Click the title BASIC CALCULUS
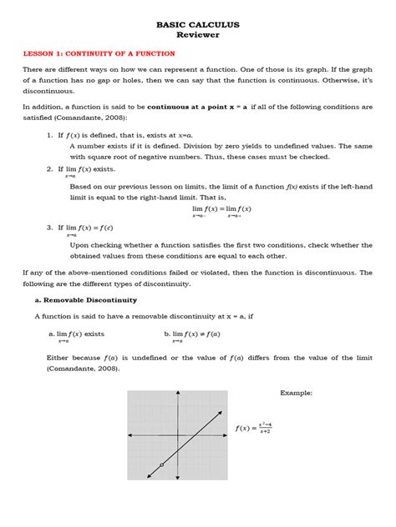point(198,25)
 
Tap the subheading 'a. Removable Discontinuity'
point(86,299)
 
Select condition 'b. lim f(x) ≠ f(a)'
point(192,334)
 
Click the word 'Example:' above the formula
point(296,392)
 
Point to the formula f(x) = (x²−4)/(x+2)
point(254,427)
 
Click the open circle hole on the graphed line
point(161,464)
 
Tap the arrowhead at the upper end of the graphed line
point(206,412)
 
